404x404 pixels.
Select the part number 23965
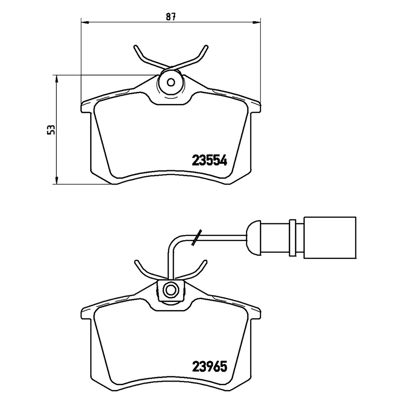(x=210, y=367)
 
